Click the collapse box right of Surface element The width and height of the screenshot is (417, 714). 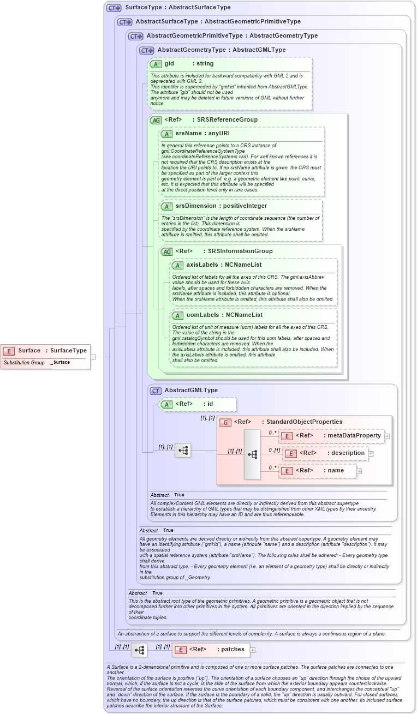pyautogui.click(x=93, y=357)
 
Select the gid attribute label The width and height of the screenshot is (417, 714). pyautogui.click(x=169, y=64)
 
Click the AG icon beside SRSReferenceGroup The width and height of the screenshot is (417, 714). pyautogui.click(x=156, y=120)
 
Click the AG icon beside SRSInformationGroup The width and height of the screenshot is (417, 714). pyautogui.click(x=166, y=251)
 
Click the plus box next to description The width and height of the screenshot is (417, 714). pyautogui.click(x=371, y=453)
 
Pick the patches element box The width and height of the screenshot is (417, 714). pyautogui.click(x=211, y=650)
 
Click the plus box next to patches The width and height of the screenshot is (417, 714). pyautogui.click(x=253, y=650)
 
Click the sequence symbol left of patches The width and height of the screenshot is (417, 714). pyautogui.click(x=139, y=650)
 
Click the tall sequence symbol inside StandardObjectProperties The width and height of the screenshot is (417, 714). pyautogui.click(x=252, y=454)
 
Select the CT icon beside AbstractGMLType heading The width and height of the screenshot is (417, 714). pyautogui.click(x=156, y=391)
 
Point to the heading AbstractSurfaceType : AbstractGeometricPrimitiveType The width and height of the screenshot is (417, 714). pyautogui.click(x=218, y=22)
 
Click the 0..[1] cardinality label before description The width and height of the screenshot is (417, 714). pyautogui.click(x=274, y=450)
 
